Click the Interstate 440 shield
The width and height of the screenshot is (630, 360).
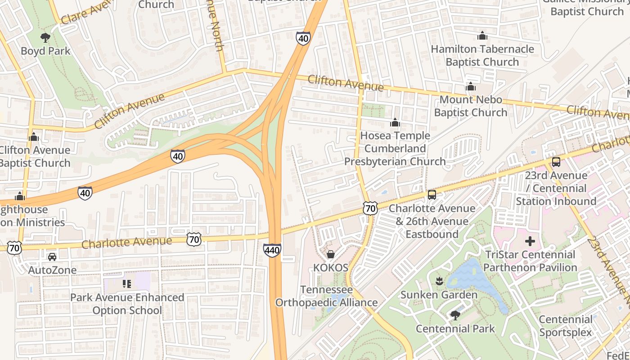click(x=272, y=250)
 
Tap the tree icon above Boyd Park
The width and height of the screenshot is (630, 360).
click(x=45, y=38)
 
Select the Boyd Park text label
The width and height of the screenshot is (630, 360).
click(x=45, y=51)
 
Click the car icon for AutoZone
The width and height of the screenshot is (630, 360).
click(x=52, y=257)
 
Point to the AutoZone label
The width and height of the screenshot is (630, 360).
click(x=52, y=270)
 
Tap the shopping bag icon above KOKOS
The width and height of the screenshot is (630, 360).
click(x=331, y=255)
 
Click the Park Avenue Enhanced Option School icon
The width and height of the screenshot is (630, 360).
click(x=127, y=284)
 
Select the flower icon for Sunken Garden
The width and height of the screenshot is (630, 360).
click(x=439, y=282)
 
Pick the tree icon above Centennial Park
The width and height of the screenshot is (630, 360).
click(x=455, y=315)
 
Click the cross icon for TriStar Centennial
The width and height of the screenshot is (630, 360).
click(x=530, y=241)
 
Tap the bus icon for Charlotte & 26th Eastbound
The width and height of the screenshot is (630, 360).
click(x=432, y=195)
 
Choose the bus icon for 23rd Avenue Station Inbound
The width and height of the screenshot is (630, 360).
click(x=556, y=162)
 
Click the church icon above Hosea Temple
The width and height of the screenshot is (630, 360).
click(x=395, y=122)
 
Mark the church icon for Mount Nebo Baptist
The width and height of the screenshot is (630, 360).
click(x=471, y=86)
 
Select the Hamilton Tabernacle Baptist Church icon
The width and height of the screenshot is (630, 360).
click(x=482, y=36)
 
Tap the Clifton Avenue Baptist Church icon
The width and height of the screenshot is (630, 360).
click(x=34, y=137)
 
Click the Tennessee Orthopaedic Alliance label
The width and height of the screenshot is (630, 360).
click(x=326, y=296)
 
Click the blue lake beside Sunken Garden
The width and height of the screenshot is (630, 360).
click(x=477, y=279)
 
